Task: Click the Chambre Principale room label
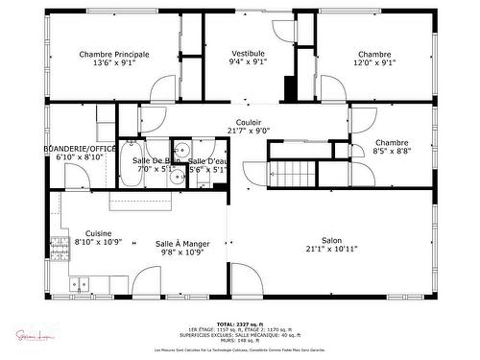[x=114, y=55]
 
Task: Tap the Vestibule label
[x=249, y=53]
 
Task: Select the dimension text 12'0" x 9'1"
[x=374, y=63]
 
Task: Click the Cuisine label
[x=98, y=233]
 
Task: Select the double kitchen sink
[x=79, y=283]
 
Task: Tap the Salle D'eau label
[x=207, y=160]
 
